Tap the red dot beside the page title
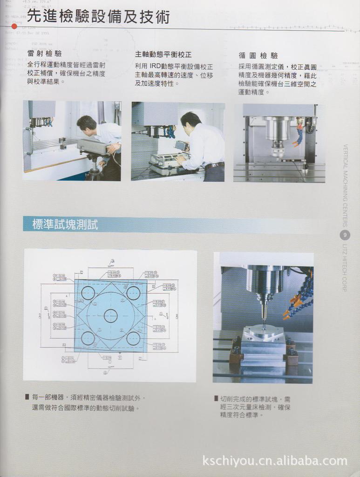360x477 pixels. pyautogui.click(x=14, y=26)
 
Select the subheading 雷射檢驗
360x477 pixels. pyautogui.click(x=44, y=54)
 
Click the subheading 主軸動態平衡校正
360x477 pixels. pyautogui.click(x=163, y=54)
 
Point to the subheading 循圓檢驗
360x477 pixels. pyautogui.click(x=258, y=55)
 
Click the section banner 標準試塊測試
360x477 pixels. pyautogui.click(x=65, y=225)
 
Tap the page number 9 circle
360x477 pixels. pyautogui.click(x=345, y=235)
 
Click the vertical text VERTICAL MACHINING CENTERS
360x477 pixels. pyautogui.click(x=345, y=186)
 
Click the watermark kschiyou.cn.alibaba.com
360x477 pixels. pyautogui.click(x=275, y=461)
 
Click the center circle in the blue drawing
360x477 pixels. pyautogui.click(x=110, y=316)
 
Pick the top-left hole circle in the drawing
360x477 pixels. pyautogui.click(x=88, y=293)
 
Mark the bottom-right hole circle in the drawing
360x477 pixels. pyautogui.click(x=133, y=339)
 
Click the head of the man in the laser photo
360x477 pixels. pyautogui.click(x=86, y=124)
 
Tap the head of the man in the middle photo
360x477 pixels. pyautogui.click(x=190, y=121)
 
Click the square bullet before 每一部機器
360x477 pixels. pyautogui.click(x=27, y=397)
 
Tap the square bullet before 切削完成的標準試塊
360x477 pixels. pyautogui.click(x=216, y=398)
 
